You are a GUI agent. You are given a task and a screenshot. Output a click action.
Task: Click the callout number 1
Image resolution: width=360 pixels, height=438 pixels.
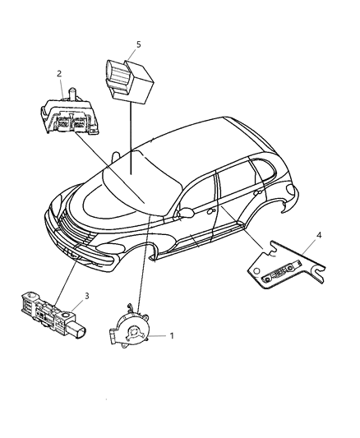172,336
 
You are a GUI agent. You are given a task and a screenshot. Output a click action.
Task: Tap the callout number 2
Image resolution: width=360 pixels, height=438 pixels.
59,74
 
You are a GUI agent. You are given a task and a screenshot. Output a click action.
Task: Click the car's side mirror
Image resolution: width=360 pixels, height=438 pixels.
187,213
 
